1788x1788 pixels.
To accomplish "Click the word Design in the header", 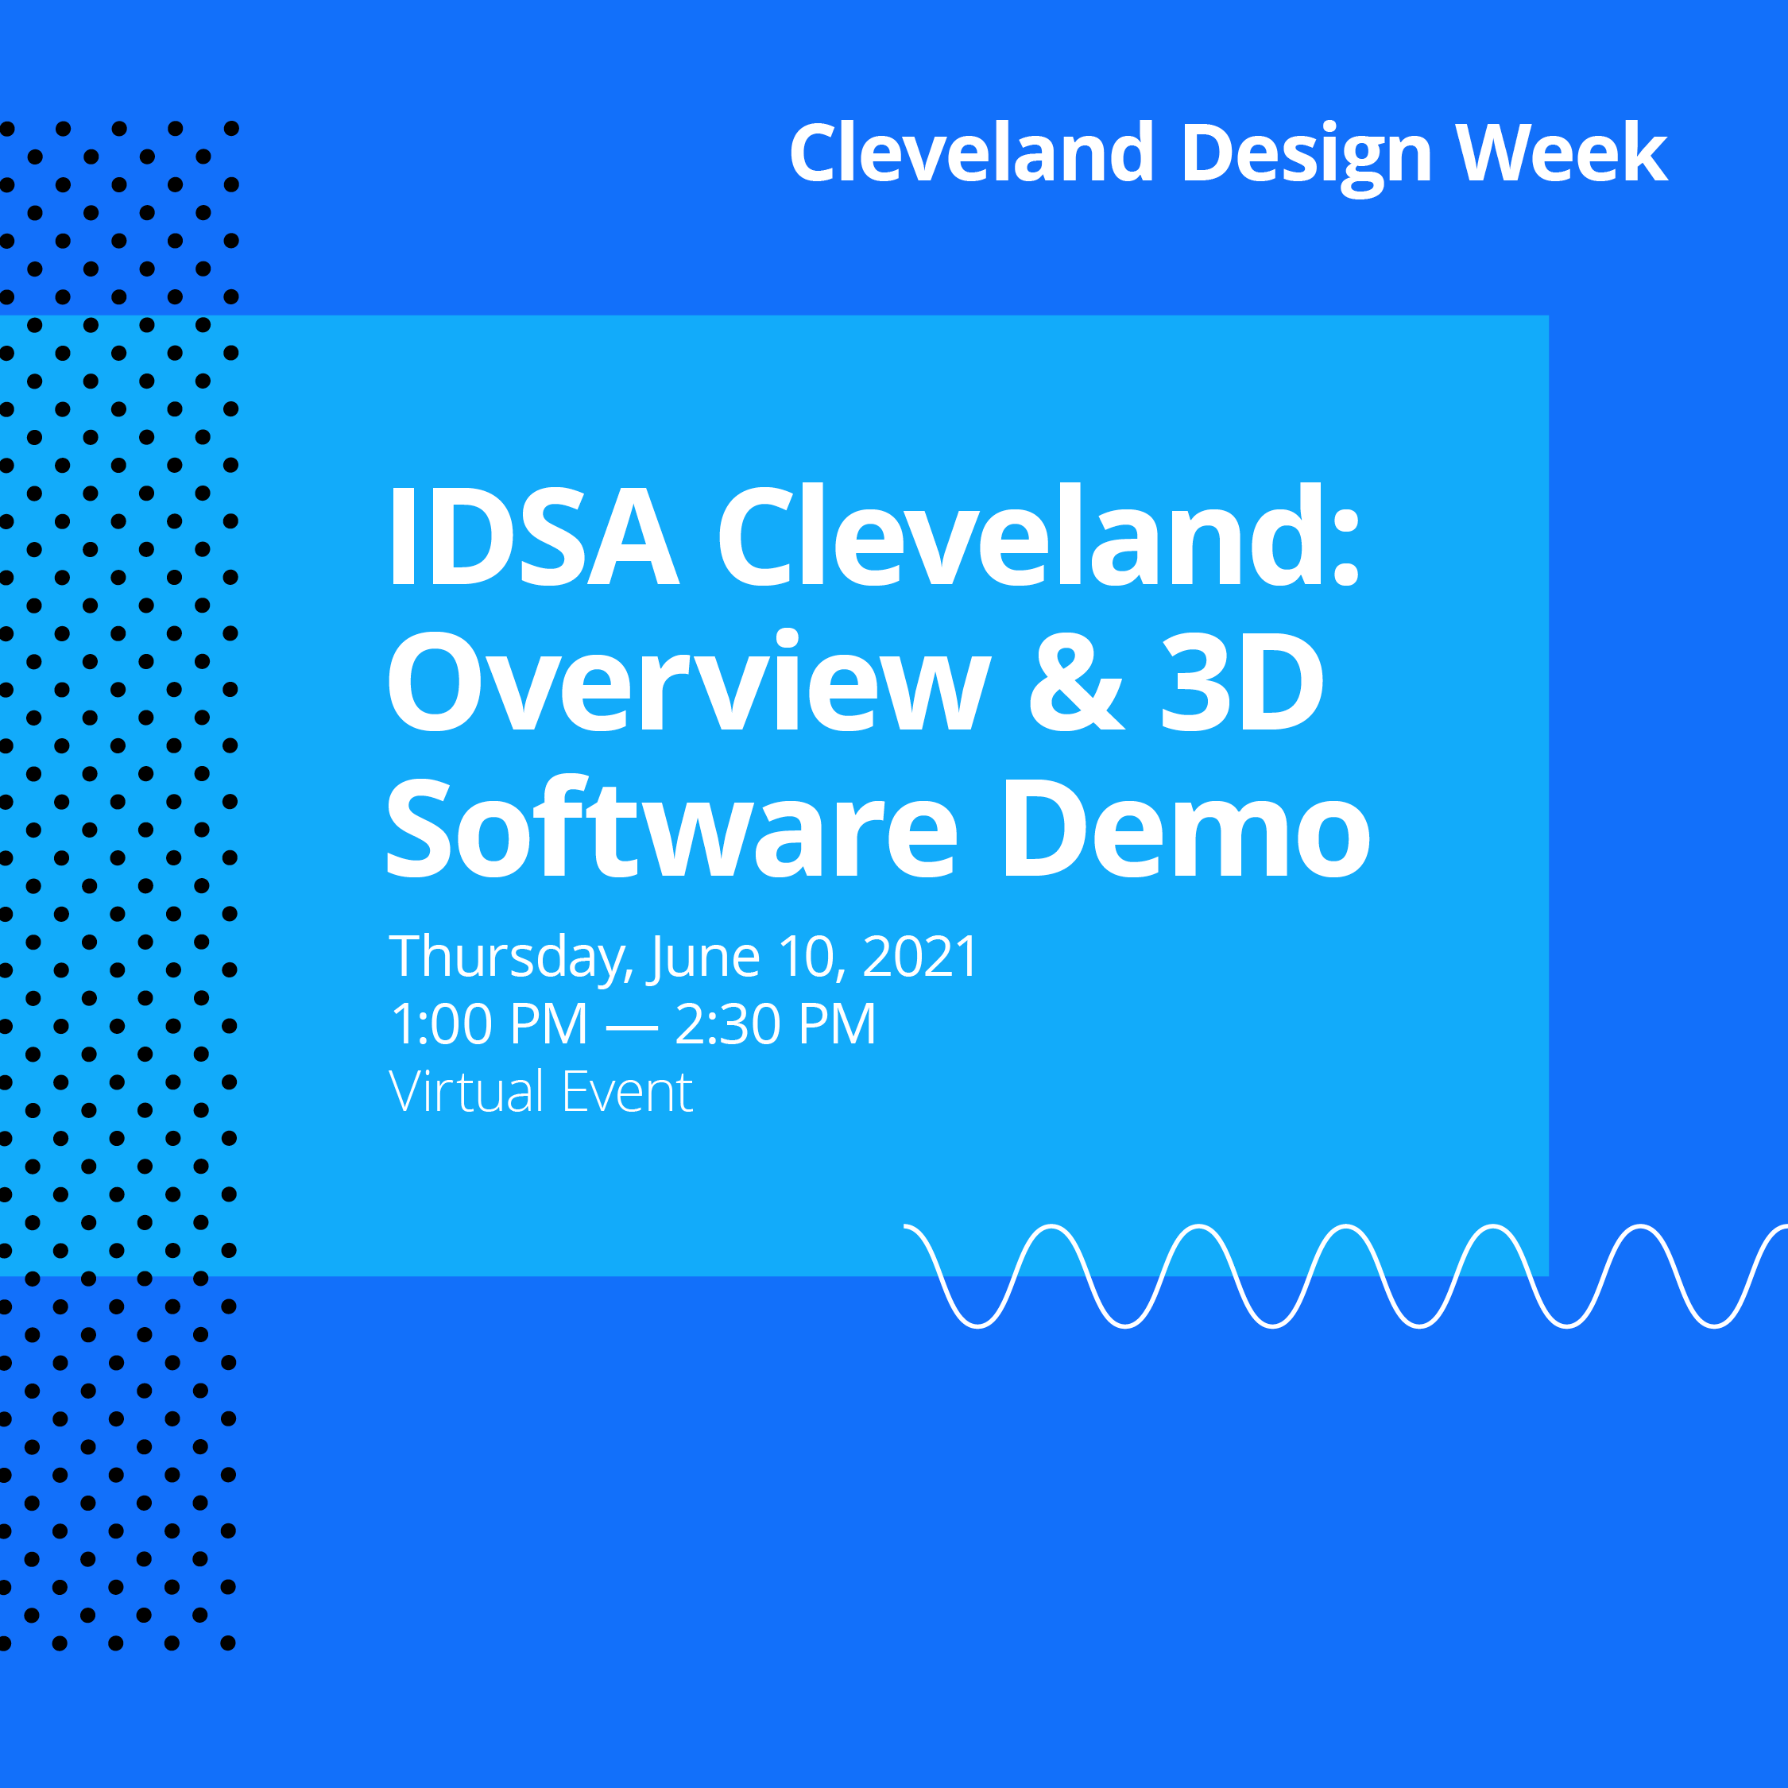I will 1306,153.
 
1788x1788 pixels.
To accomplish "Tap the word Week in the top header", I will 1562,153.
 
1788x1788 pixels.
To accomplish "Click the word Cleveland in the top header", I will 972,153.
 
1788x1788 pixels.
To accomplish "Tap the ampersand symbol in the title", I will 1076,681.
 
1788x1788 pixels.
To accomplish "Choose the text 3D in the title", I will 1242,681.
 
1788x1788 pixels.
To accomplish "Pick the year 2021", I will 920,957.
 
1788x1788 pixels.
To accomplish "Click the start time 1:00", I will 443,1024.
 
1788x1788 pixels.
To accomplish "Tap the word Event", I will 628,1092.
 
